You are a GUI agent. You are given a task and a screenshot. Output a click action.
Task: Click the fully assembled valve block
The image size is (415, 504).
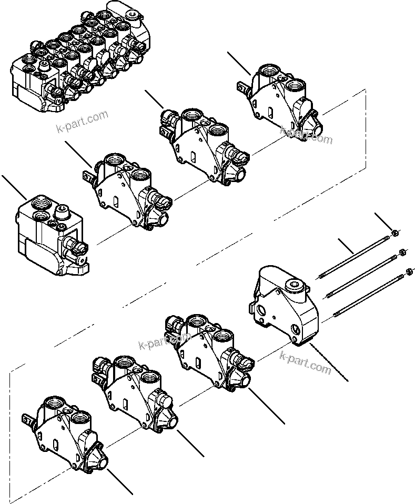pyautogui.click(x=79, y=58)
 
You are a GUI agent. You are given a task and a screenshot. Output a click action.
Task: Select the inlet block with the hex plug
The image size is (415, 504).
pyautogui.click(x=50, y=231)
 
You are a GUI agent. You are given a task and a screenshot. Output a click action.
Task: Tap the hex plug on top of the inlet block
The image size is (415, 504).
pyautogui.click(x=61, y=211)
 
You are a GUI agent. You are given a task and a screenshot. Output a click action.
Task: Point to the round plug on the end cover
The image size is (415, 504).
pyautogui.click(x=292, y=287)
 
